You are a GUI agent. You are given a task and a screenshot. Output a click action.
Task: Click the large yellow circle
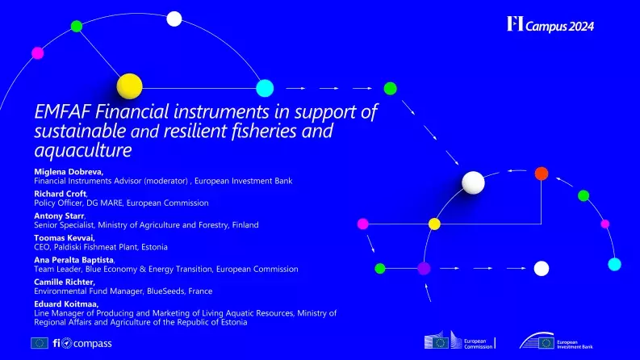[129, 86]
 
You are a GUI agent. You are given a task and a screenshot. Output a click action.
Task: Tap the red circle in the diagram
[542, 173]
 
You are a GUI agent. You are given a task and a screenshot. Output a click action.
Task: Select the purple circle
[424, 268]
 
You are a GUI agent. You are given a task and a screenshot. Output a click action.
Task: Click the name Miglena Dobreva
[68, 173]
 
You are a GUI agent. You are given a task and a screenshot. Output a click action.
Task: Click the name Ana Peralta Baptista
[73, 260]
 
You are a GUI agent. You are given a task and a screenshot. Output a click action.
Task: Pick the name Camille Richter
[66, 282]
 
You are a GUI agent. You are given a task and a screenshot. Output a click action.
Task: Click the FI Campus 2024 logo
[550, 25]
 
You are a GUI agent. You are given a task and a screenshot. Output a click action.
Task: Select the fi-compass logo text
[82, 343]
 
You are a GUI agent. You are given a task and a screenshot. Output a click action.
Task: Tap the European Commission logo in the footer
[459, 342]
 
